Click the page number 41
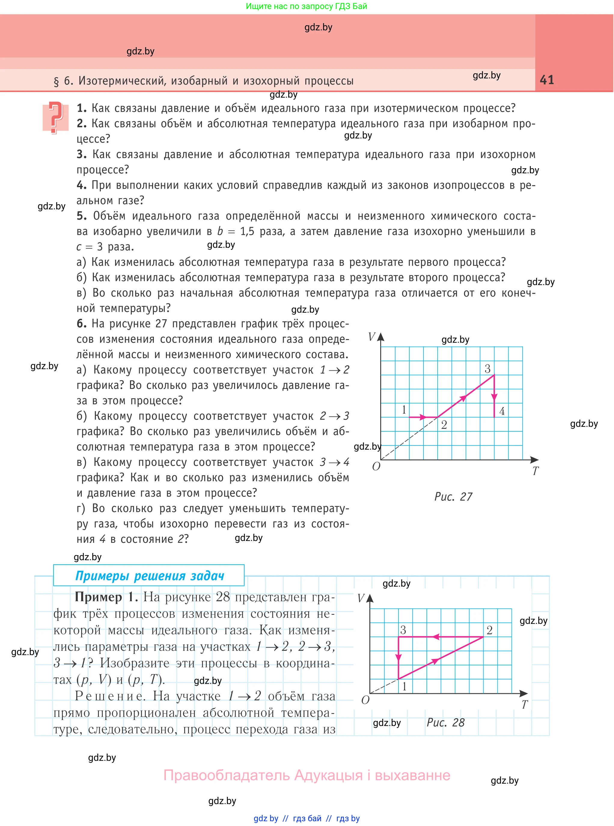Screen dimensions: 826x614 [547, 80]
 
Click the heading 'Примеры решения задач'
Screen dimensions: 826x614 [149, 576]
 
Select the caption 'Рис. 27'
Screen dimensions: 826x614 [453, 497]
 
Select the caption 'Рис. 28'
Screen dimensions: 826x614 [445, 722]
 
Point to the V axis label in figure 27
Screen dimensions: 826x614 [371, 337]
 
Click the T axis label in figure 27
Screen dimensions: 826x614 [535, 471]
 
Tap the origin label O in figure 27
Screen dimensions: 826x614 [376, 466]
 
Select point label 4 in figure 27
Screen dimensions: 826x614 [502, 411]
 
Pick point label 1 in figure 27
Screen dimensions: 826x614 [404, 410]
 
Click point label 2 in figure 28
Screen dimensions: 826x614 [490, 630]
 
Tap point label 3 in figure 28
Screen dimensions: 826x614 [403, 630]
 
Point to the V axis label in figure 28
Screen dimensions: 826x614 [361, 598]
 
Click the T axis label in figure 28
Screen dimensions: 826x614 [524, 705]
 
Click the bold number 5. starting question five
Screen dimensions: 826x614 [82, 216]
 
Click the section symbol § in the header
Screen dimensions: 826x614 [57, 81]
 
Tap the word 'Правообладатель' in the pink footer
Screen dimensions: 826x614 [227, 775]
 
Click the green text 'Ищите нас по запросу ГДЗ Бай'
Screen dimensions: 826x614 [307, 6]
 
